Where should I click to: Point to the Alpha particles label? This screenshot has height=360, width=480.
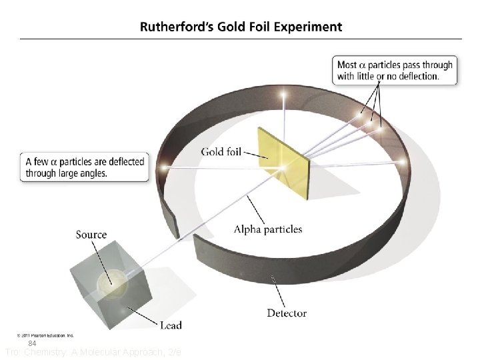[267, 229]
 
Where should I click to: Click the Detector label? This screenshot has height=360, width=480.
[287, 313]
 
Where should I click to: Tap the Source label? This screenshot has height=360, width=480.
[91, 234]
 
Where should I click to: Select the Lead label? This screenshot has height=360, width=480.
[171, 325]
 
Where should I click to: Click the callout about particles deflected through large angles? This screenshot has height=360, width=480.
[84, 167]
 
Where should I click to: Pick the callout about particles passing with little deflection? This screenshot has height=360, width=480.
[395, 70]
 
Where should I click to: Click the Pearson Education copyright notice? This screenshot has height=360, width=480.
[45, 335]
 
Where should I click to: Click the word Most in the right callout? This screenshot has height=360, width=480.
[347, 65]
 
